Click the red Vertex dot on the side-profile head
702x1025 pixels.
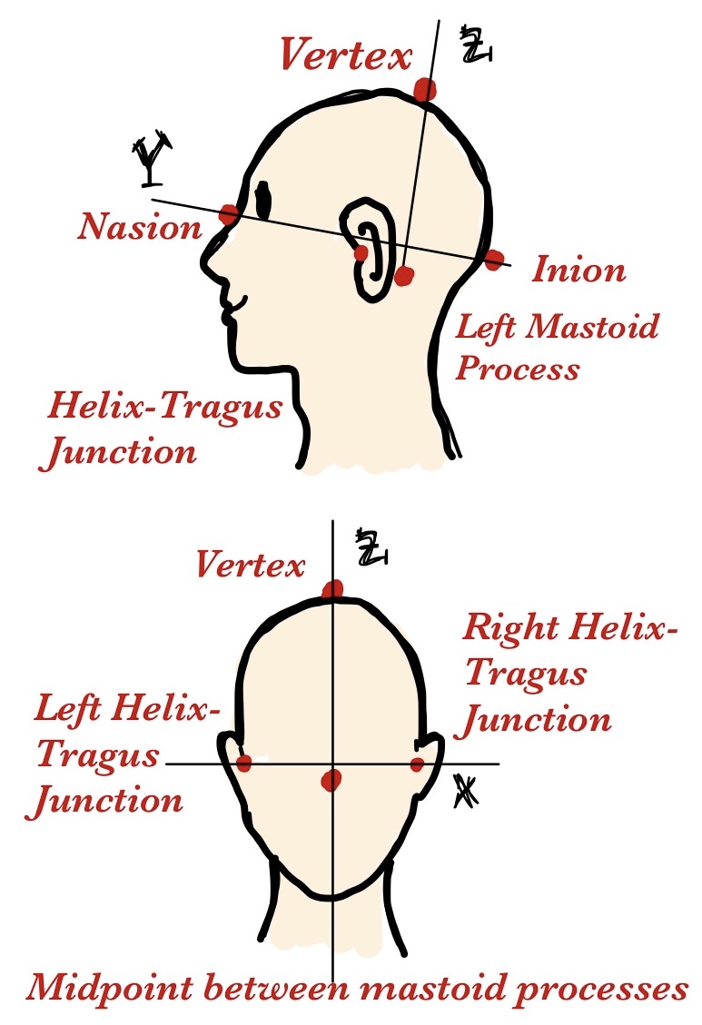tap(424, 89)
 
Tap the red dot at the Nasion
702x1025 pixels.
tap(229, 214)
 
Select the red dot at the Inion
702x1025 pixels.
tap(493, 261)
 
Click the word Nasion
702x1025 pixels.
tap(139, 226)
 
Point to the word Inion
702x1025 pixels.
tap(578, 270)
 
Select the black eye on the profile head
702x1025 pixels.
tap(264, 200)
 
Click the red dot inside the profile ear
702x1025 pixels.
tap(361, 252)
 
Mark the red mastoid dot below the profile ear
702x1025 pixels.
tap(404, 274)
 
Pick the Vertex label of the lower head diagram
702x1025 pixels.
tap(250, 566)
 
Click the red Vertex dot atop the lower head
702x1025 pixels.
tap(333, 590)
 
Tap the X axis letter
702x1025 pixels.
tap(466, 793)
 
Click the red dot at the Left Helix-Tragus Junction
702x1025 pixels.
tap(243, 763)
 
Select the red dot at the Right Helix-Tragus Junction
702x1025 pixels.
tap(418, 764)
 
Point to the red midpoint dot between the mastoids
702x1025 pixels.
tap(332, 779)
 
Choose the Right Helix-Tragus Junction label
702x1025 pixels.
tap(570, 673)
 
